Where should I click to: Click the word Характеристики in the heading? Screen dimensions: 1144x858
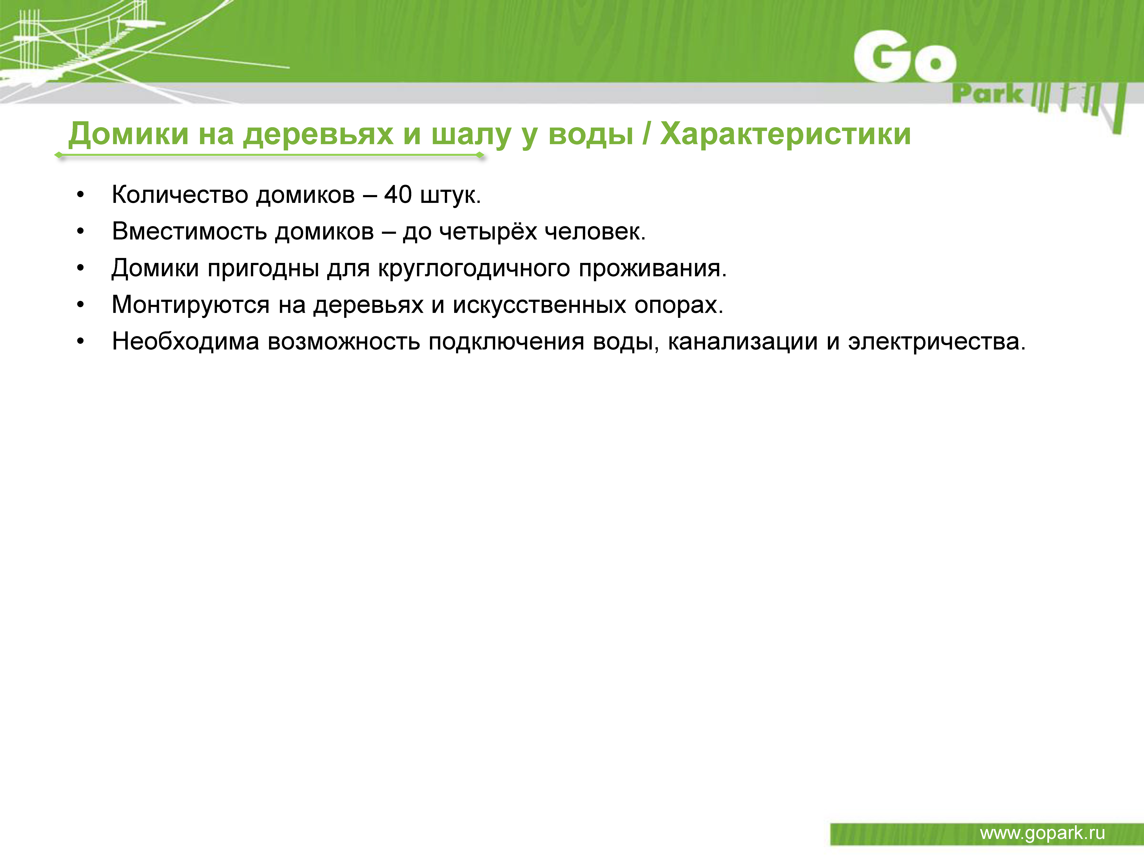tap(786, 134)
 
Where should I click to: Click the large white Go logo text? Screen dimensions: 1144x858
tap(905, 57)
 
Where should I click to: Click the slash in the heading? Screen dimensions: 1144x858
tap(647, 134)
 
